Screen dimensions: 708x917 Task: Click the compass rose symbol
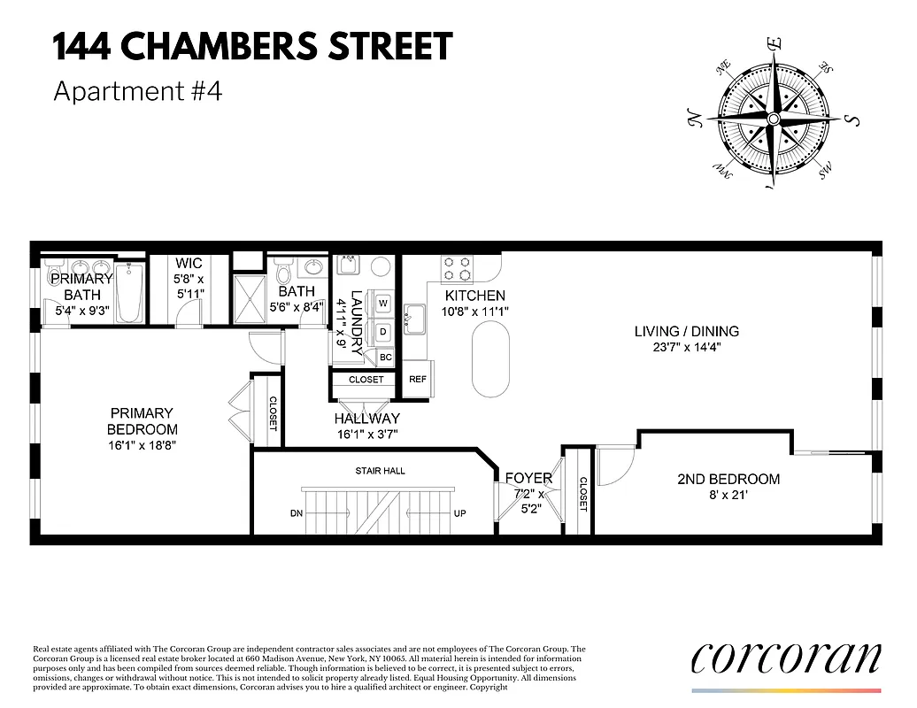773,118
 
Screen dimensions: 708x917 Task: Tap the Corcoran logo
785,658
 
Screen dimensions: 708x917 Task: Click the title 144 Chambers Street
252,47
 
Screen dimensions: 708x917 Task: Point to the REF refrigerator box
417,379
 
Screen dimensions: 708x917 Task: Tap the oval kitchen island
491,359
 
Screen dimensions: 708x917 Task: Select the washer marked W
383,304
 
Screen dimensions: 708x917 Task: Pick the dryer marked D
383,332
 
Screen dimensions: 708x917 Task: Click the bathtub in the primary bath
130,293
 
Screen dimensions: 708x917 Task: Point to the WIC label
189,263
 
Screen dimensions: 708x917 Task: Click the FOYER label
528,479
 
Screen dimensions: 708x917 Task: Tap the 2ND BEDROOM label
728,479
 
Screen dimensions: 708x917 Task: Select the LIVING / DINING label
686,332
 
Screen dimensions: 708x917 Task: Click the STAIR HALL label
381,471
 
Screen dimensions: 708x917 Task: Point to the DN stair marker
296,513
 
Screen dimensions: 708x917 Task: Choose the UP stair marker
459,513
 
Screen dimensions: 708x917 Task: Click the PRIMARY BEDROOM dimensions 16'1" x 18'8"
142,445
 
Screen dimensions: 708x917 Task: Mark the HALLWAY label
366,418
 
